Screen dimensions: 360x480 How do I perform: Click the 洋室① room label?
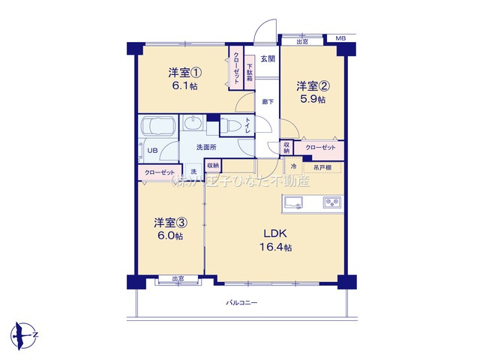point(184,73)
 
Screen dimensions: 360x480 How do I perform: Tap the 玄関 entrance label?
point(268,58)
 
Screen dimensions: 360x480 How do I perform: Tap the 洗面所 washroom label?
point(206,147)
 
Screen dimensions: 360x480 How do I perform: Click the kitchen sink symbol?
point(293,202)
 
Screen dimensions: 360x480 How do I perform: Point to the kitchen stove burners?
point(332,202)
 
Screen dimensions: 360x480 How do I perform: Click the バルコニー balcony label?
point(242,303)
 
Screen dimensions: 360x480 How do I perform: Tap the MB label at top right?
point(340,37)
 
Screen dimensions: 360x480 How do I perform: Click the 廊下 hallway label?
point(267,101)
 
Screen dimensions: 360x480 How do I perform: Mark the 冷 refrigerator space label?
point(294,166)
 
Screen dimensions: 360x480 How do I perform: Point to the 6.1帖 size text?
point(184,87)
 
